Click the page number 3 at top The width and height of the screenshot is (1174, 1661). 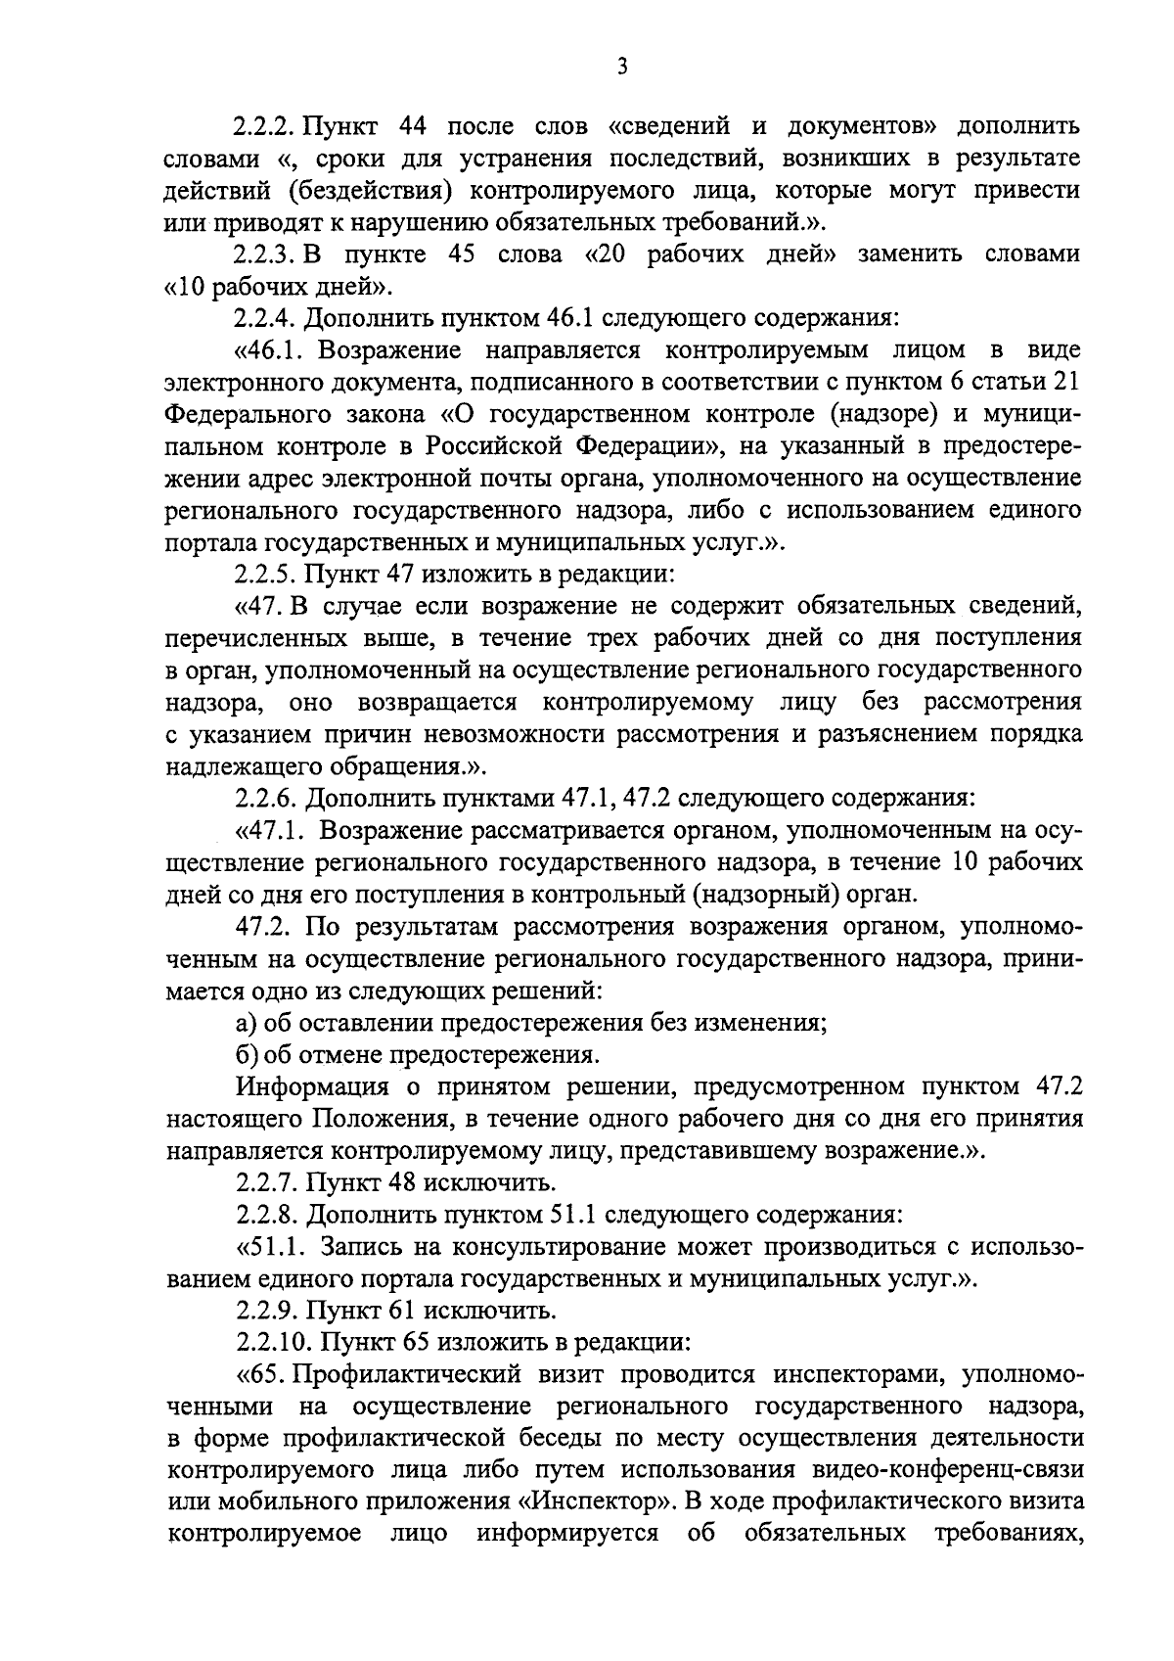coord(622,67)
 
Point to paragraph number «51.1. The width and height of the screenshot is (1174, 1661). coord(270,1246)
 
